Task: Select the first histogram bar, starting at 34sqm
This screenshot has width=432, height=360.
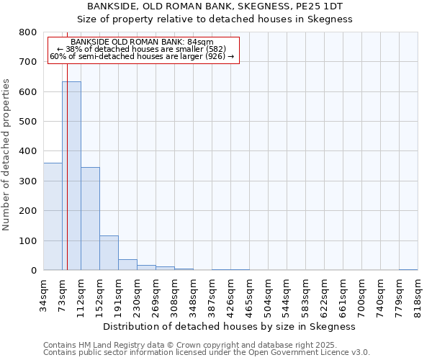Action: coord(53,216)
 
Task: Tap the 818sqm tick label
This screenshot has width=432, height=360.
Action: coord(418,296)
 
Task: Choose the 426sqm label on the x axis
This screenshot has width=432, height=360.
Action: coord(230,296)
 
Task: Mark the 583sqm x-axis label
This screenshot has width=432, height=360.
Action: coord(305,296)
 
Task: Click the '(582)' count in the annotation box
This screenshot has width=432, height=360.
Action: coord(214,49)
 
